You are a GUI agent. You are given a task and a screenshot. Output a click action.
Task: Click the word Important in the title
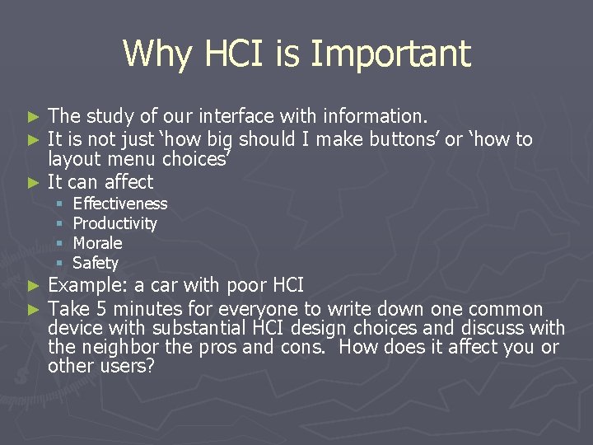pos(391,54)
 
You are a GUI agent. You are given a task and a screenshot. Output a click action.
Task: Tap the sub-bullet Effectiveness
pos(120,204)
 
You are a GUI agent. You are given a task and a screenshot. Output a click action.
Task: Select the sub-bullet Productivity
pos(115,223)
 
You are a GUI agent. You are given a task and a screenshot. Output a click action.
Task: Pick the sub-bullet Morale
pos(98,243)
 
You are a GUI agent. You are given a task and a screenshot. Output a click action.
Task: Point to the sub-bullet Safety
pos(96,263)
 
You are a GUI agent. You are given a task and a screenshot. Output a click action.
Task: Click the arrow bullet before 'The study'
pos(33,115)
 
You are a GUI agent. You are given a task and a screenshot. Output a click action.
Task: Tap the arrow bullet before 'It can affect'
pos(33,182)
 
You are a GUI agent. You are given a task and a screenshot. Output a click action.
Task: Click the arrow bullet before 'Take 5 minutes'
pos(33,310)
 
